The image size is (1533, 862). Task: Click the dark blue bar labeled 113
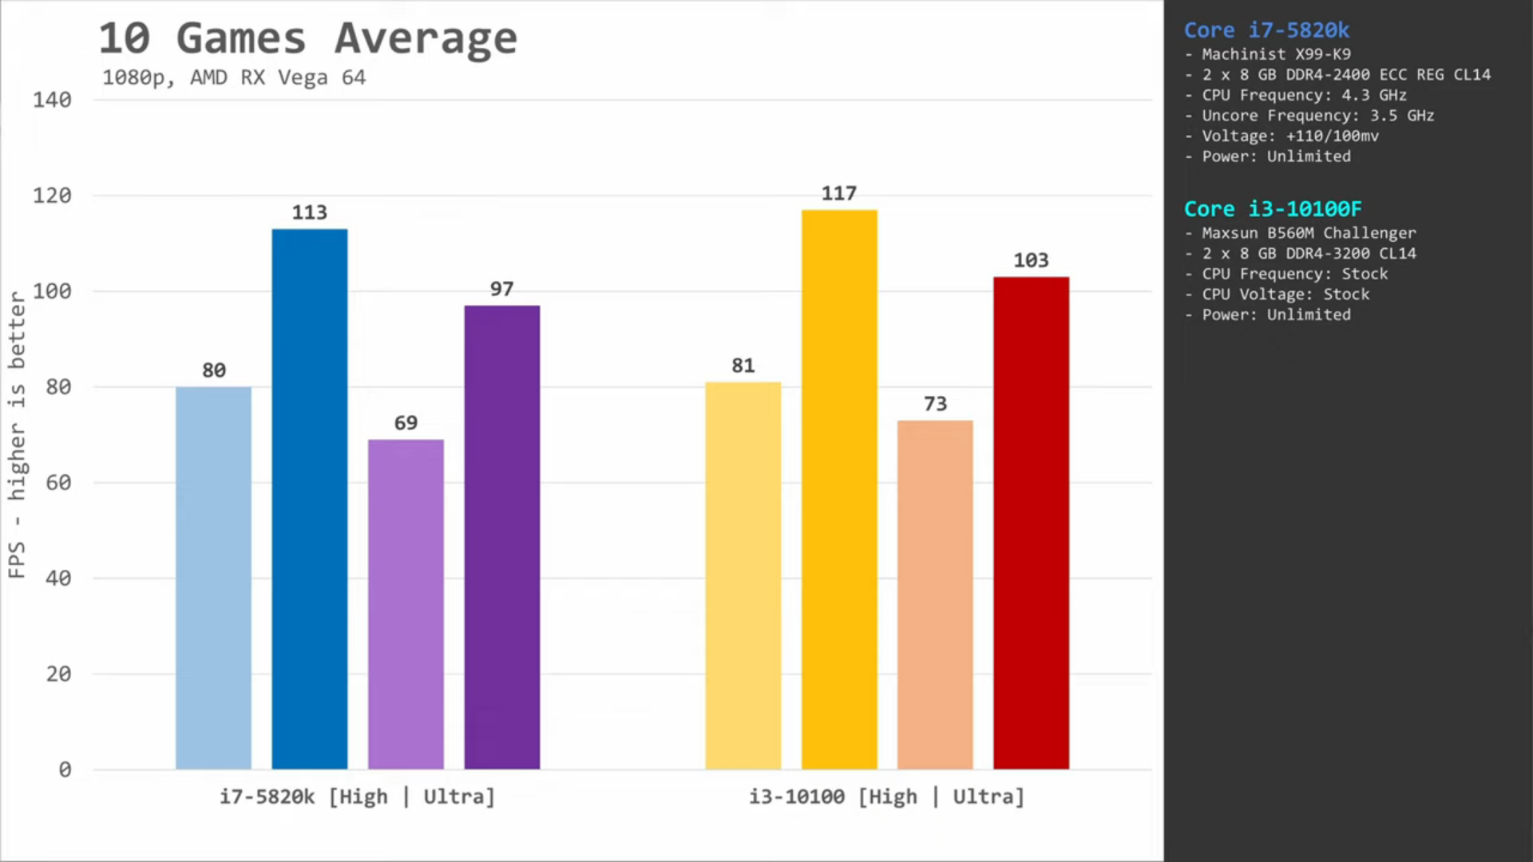[x=310, y=499]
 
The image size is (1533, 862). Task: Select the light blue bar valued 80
[x=213, y=578]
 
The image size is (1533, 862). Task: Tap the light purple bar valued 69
[x=406, y=604]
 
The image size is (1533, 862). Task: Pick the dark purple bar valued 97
[x=501, y=537]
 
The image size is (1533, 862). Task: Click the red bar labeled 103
[x=1031, y=523]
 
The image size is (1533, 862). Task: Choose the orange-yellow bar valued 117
[x=839, y=489]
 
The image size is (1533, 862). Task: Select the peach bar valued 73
[x=935, y=595]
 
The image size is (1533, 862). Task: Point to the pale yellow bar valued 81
[x=743, y=575]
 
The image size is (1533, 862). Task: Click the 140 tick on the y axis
[x=52, y=100]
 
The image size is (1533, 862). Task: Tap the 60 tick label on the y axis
[x=58, y=483]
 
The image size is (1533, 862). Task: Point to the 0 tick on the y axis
[x=65, y=770]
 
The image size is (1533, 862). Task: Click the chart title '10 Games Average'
[x=307, y=38]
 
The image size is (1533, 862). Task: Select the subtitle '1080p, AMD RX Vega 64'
[x=234, y=77]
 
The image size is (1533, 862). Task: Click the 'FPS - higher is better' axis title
[x=17, y=435]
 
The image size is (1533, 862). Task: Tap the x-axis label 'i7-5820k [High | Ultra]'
[x=357, y=797]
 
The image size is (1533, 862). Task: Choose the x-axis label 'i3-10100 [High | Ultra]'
[x=886, y=797]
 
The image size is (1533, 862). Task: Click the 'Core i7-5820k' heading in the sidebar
[x=1266, y=30]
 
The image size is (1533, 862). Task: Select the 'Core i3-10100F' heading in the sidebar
[x=1273, y=209]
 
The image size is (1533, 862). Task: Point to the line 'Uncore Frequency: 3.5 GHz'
[x=1317, y=116]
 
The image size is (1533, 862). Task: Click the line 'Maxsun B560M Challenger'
[x=1309, y=233]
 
